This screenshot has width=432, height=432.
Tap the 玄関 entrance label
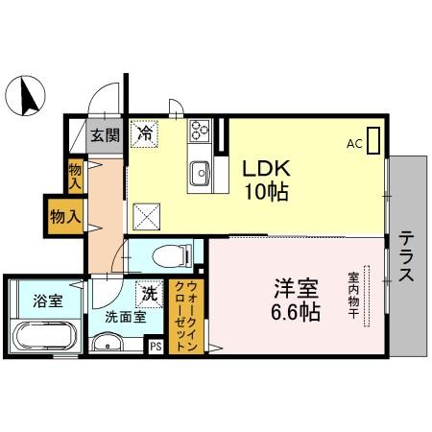pyautogui.click(x=105, y=135)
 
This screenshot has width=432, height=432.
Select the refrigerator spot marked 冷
pyautogui.click(x=145, y=134)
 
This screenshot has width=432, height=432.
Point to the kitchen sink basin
pyautogui.click(x=200, y=173)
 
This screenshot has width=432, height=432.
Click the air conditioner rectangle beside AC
pyautogui.click(x=373, y=140)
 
